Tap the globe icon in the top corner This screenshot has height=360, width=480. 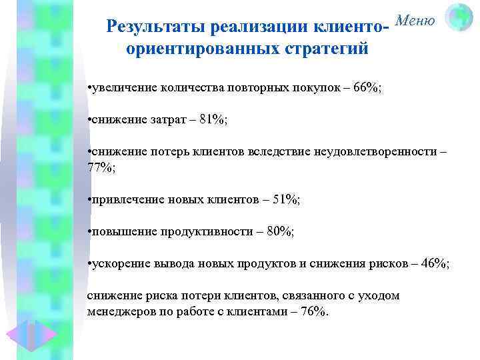458,18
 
